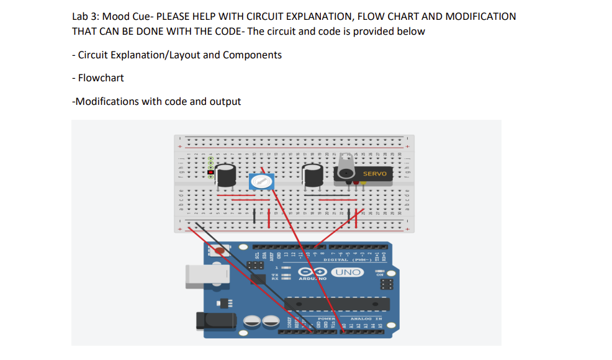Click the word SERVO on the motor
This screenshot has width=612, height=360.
tap(374, 174)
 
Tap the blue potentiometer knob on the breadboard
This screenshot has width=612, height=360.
tap(262, 182)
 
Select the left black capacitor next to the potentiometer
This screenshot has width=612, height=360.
tap(225, 175)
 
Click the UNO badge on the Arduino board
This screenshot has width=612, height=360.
tap(347, 272)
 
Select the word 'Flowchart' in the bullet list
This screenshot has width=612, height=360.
tap(101, 78)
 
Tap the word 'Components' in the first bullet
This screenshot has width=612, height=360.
tap(252, 55)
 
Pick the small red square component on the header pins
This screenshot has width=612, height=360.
tap(211, 172)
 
